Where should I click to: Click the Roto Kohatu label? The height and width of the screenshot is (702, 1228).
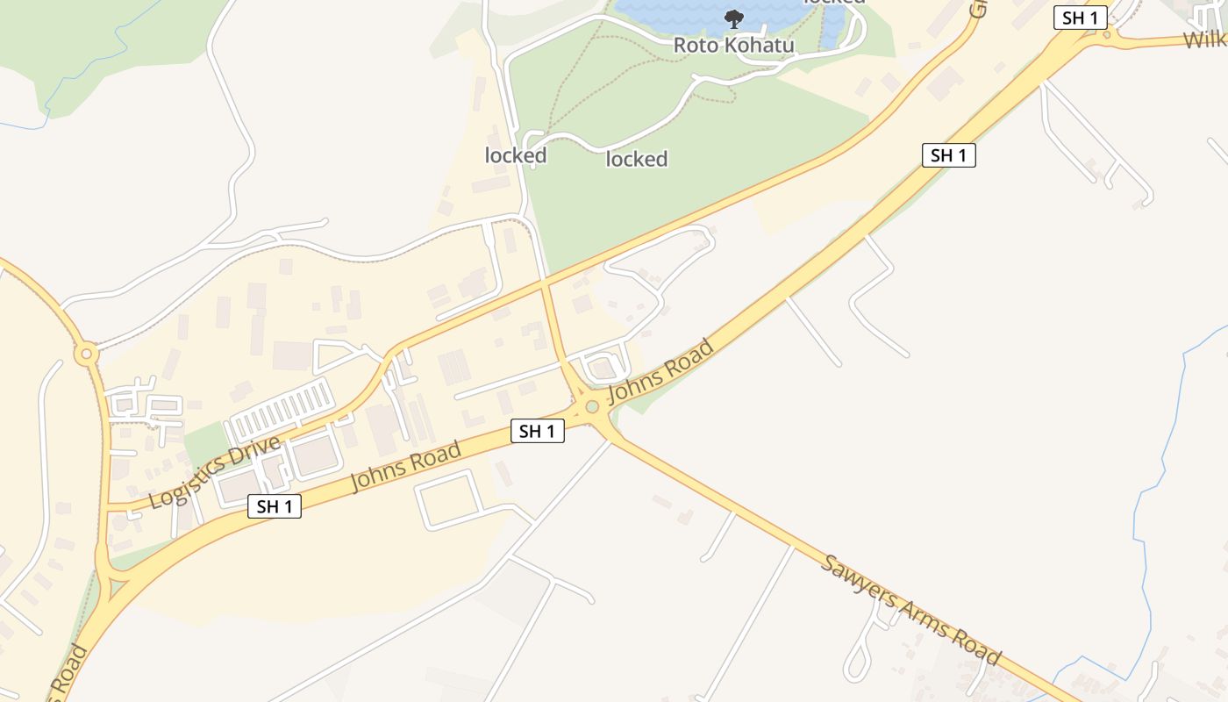tap(733, 45)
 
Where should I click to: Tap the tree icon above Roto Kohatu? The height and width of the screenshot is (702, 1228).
tap(733, 18)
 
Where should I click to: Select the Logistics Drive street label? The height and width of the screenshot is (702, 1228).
tap(214, 471)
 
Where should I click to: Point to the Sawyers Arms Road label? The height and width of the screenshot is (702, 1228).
tap(911, 609)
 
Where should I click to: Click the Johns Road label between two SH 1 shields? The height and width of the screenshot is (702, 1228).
tap(405, 468)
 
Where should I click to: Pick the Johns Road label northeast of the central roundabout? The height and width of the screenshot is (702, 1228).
tap(660, 371)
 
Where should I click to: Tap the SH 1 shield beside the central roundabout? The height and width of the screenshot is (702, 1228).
tap(537, 431)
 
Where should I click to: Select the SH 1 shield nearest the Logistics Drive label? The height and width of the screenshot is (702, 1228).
tap(274, 506)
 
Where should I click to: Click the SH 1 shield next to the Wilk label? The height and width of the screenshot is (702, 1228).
tap(1080, 18)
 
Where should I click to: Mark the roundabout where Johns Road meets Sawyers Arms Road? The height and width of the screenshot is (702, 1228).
tap(592, 406)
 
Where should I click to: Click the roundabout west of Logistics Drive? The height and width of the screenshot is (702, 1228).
tap(85, 355)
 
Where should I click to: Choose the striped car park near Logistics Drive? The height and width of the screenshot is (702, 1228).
tap(281, 409)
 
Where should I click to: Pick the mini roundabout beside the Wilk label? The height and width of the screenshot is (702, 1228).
tap(1107, 35)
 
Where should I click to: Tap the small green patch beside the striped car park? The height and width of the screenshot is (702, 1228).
tap(203, 444)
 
